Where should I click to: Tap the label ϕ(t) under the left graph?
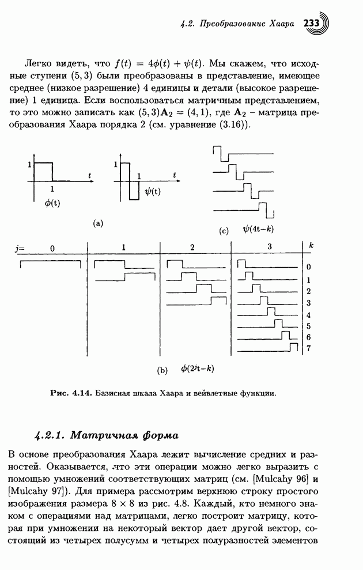click(x=52, y=203)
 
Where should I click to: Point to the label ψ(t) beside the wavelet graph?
click(x=153, y=192)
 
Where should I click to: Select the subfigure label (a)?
click(x=97, y=222)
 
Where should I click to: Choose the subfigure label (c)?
click(x=224, y=231)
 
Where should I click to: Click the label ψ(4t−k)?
click(x=258, y=229)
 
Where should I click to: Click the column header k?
click(x=311, y=245)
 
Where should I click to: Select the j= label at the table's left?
click(x=21, y=248)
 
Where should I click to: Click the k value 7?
click(x=309, y=348)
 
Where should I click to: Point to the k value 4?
click(x=309, y=315)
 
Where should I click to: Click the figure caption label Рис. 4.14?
click(x=67, y=394)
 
